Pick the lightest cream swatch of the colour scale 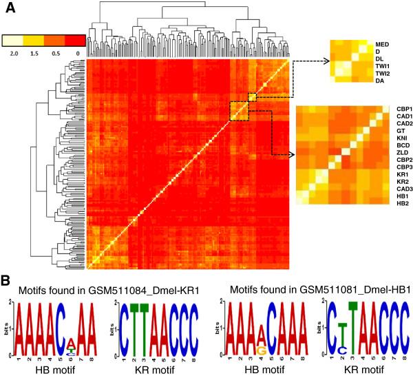(x=14, y=39)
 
